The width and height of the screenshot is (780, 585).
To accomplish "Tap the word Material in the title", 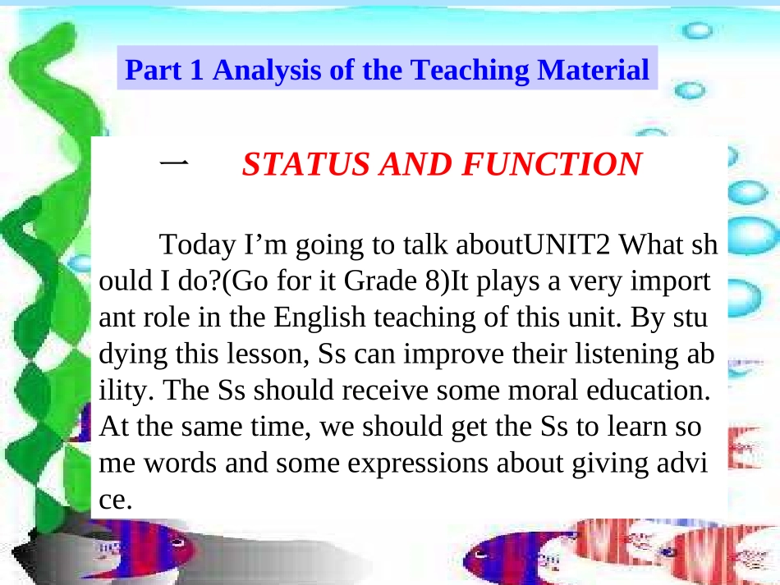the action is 593,69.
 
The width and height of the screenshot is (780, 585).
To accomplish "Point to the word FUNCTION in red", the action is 553,164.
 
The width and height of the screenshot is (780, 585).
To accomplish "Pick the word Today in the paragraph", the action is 198,245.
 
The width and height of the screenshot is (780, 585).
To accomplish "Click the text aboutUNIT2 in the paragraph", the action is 533,244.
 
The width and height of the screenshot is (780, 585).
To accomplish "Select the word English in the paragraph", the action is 319,317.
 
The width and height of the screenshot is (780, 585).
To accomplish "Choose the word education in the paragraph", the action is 649,391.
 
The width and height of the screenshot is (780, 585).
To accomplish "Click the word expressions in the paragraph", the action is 417,464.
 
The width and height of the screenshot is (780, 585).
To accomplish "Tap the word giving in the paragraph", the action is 610,464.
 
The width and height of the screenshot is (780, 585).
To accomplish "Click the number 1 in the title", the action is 196,70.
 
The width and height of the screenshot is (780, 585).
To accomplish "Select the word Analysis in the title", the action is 267,70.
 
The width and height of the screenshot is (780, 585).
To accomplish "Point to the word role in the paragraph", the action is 166,318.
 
